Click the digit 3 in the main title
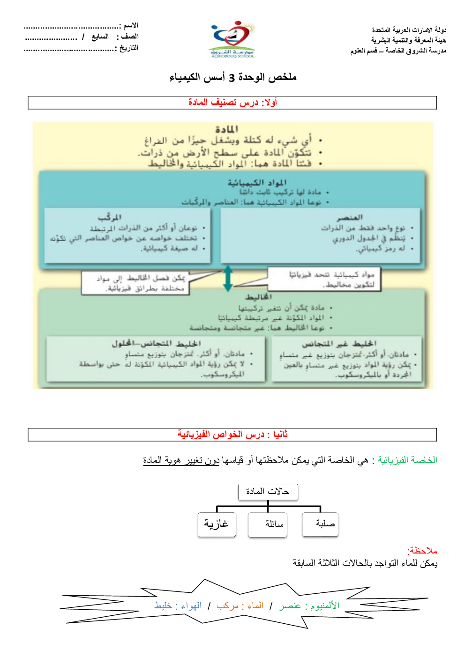coord(232,78)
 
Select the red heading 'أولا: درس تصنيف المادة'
coord(232,102)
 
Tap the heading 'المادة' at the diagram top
coord(226,129)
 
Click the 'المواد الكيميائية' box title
coord(257,182)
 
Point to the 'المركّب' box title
coord(110,217)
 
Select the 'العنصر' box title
coord(350,217)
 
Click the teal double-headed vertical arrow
coord(228,278)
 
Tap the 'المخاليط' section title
coord(258,297)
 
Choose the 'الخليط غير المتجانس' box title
coord(339,344)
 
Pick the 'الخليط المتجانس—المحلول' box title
coord(156,344)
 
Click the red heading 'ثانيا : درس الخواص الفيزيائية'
coord(232,435)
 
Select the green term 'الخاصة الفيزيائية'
coord(407,460)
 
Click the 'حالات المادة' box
coord(268,491)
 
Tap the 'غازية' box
coord(217,524)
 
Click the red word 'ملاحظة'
coord(422,551)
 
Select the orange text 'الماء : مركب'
coord(240,606)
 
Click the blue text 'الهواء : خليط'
coord(178,606)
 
